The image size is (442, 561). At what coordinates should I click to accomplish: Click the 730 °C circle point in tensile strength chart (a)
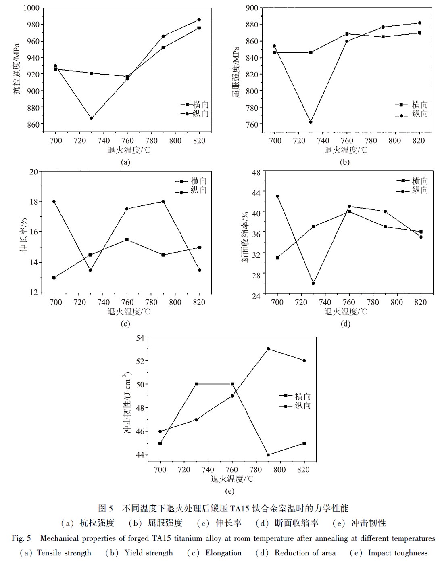92,118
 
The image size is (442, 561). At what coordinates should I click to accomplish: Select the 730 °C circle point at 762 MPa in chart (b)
311,122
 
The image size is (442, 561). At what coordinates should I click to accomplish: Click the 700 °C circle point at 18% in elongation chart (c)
54,201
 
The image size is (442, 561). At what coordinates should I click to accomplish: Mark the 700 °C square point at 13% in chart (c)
54,278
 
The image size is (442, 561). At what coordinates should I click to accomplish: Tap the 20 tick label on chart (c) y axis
34,172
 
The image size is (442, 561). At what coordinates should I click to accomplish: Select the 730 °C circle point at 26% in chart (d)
313,283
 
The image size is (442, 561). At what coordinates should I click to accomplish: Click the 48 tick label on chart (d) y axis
256,172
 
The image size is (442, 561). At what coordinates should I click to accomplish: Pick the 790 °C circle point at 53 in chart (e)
268,349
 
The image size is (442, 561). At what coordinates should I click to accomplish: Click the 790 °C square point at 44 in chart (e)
268,455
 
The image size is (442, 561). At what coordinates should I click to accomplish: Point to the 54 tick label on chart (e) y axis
140,337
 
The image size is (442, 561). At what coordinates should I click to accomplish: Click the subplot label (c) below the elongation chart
125,324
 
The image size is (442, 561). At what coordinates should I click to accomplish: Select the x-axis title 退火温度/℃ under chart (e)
232,479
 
